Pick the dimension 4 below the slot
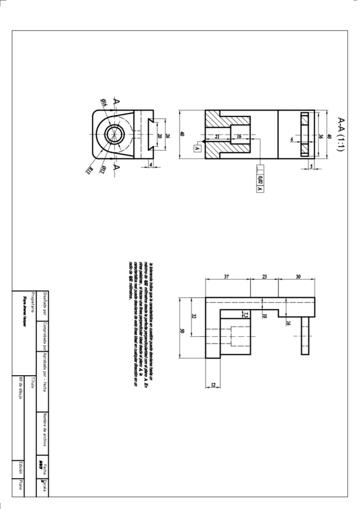(x=151, y=164)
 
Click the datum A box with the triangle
(x=196, y=146)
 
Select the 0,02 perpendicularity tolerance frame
(x=260, y=179)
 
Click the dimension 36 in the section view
(x=320, y=136)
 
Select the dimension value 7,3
(x=245, y=314)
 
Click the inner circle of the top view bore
(x=112, y=135)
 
